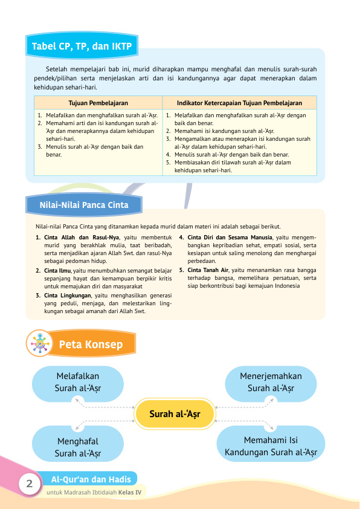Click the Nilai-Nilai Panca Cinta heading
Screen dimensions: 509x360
click(84, 205)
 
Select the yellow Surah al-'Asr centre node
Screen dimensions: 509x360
click(175, 414)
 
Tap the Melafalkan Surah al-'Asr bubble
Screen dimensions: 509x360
click(77, 382)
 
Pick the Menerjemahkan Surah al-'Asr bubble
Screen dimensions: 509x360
click(271, 382)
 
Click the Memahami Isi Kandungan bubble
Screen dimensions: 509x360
click(271, 446)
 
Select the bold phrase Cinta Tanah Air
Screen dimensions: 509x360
click(208, 270)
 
